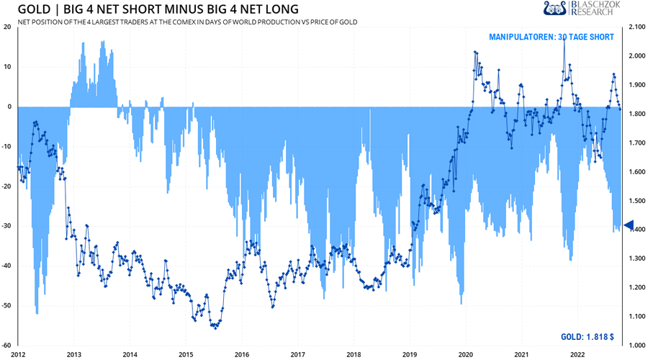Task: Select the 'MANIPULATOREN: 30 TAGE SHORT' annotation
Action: tap(552, 37)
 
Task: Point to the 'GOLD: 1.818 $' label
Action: tap(587, 337)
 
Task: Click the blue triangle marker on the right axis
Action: tap(627, 226)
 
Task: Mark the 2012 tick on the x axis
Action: tap(18, 354)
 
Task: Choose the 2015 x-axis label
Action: tap(186, 354)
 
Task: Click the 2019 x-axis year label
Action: tap(410, 354)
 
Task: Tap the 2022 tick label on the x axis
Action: tap(577, 354)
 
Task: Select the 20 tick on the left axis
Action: tap(7, 27)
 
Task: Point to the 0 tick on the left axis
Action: tap(9, 107)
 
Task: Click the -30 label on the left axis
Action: tap(6, 226)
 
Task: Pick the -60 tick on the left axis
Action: tap(6, 346)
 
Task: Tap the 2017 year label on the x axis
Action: tap(298, 354)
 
